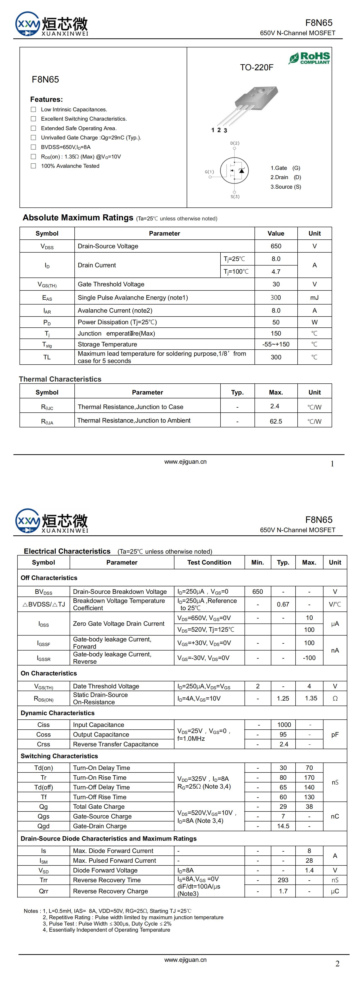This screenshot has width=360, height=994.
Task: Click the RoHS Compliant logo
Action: pos(309,58)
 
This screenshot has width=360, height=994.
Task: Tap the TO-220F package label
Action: pos(257,68)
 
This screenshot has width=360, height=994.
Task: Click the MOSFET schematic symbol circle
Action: pos(234,170)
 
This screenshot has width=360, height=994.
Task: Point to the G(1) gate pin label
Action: pos(209,172)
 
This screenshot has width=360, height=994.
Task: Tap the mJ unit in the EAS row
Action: pos(314,297)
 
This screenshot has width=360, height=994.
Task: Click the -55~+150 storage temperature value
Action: pos(276,344)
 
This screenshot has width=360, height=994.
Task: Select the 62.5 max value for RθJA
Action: pos(276,421)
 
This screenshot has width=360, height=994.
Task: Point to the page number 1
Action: pos(332,464)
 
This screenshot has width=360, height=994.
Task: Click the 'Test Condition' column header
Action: pos(209,563)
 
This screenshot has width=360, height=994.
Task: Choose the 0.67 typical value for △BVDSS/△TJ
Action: pos(283,604)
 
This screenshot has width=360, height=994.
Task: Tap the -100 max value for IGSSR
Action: pos(309,658)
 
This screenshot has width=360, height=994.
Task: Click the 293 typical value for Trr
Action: pos(283,880)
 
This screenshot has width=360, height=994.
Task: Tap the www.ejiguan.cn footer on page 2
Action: pos(185,960)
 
